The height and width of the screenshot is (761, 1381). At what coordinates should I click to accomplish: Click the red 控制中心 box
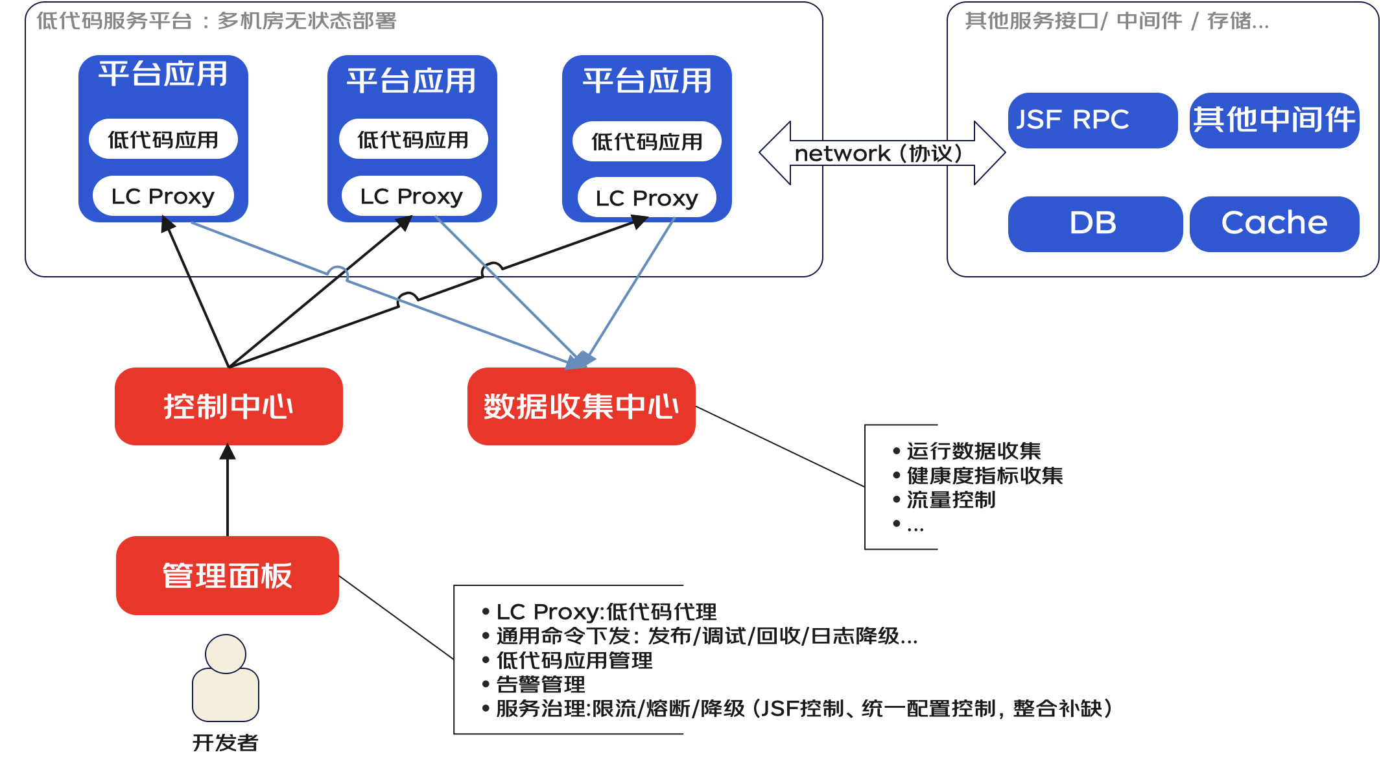[228, 406]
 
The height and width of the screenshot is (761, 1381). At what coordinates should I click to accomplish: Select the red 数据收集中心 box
[581, 406]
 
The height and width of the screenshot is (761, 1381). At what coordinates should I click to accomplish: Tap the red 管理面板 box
[227, 576]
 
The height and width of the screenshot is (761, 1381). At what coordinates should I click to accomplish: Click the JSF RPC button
[1092, 120]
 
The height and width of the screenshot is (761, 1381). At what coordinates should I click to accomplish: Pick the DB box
[1094, 224]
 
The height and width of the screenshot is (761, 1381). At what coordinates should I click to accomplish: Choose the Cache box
[1274, 224]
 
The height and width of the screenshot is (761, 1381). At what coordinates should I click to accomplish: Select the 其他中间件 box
[1274, 120]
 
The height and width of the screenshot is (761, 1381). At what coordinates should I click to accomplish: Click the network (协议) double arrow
[882, 154]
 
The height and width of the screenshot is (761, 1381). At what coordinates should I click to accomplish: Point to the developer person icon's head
[225, 653]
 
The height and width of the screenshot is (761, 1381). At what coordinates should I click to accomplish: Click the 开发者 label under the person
[225, 743]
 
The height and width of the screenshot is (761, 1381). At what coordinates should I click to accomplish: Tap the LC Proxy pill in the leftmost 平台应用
[163, 196]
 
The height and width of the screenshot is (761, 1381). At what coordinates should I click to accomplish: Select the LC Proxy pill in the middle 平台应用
[411, 196]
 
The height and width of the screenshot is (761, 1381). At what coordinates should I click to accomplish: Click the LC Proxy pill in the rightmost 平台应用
[646, 198]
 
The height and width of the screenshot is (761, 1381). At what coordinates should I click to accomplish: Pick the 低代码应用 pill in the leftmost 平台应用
[163, 139]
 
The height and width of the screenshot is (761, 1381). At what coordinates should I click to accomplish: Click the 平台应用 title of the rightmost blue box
[646, 81]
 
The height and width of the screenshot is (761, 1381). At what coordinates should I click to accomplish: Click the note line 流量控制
[950, 500]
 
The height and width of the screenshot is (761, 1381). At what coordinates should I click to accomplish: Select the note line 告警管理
[541, 685]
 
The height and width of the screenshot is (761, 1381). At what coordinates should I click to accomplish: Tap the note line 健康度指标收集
[984, 475]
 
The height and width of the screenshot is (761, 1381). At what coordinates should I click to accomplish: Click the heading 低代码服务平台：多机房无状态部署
[216, 21]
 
